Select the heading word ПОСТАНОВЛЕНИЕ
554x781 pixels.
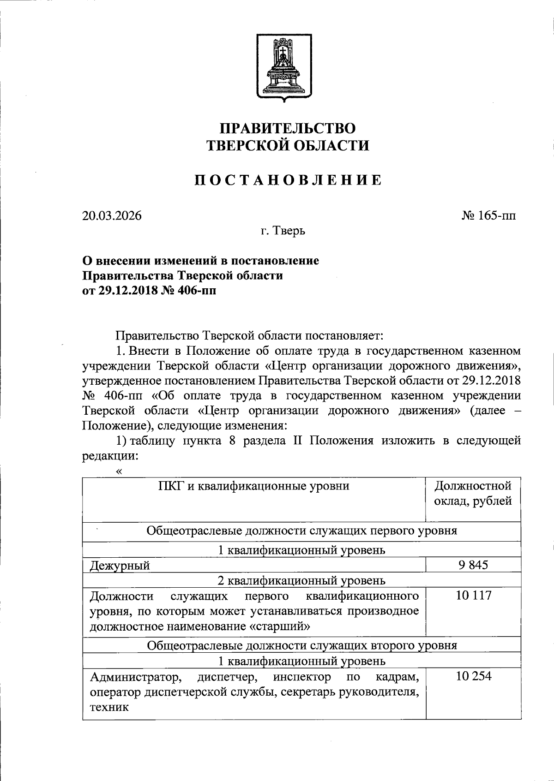click(288, 180)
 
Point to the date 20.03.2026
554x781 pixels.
click(112, 216)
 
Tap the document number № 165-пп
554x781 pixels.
click(488, 216)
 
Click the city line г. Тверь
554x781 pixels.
click(283, 231)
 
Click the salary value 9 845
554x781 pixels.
click(473, 565)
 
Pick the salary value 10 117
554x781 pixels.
click(474, 596)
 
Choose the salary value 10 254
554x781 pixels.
click(474, 676)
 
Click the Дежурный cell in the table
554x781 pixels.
click(120, 566)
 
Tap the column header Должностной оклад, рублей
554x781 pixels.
click(473, 493)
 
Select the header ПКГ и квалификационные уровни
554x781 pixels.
click(253, 486)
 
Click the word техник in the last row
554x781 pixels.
click(109, 707)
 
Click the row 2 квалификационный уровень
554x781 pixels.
click(301, 580)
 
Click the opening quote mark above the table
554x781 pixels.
click(120, 471)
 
